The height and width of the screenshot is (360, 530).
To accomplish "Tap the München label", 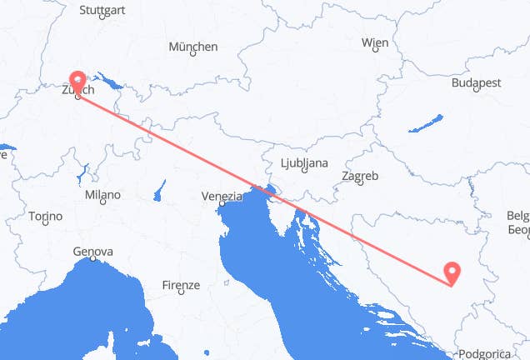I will tap(193, 47).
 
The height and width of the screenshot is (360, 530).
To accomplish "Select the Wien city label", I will tap(375, 42).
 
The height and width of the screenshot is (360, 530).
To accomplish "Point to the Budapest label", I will tap(476, 82).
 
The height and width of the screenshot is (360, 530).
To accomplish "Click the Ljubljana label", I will tap(302, 162).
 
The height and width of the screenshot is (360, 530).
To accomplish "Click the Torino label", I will tap(45, 216).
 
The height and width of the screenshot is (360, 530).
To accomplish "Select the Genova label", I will tap(92, 251).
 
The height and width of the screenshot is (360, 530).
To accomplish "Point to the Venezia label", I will tap(220, 197).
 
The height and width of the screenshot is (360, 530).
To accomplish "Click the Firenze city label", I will tap(181, 285).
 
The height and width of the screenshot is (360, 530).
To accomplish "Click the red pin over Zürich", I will tap(78, 82).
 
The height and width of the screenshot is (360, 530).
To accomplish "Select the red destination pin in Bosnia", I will tap(452, 271).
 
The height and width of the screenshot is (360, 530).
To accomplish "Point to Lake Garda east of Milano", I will tap(158, 196).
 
